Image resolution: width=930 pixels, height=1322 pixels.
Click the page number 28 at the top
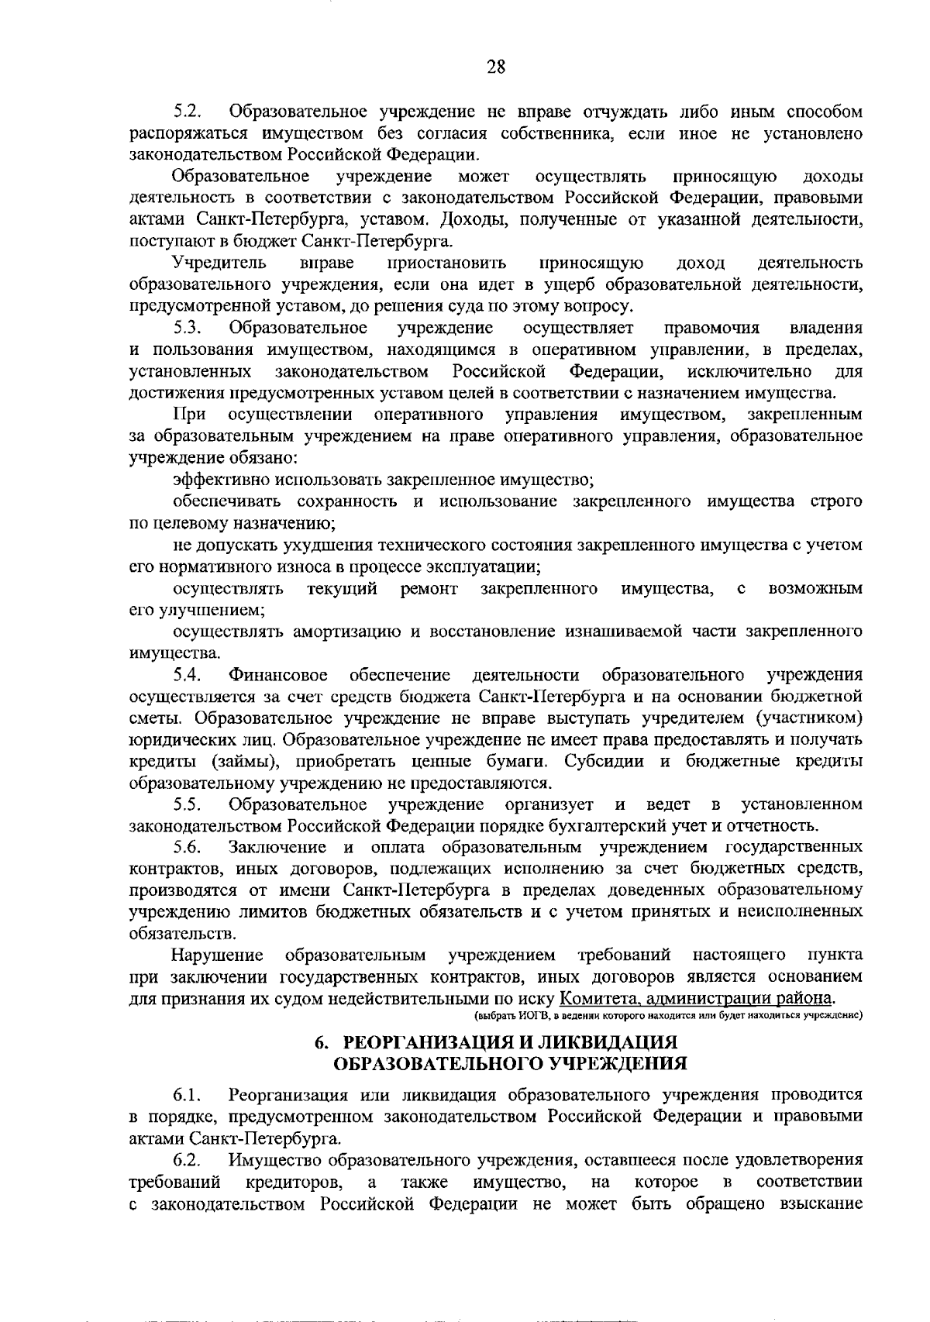click(x=496, y=67)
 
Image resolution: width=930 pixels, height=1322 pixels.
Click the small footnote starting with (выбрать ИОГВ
click(x=668, y=1015)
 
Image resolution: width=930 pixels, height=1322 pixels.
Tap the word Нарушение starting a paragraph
click(x=217, y=954)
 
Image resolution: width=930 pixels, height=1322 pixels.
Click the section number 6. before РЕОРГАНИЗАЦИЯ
click(x=321, y=1041)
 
